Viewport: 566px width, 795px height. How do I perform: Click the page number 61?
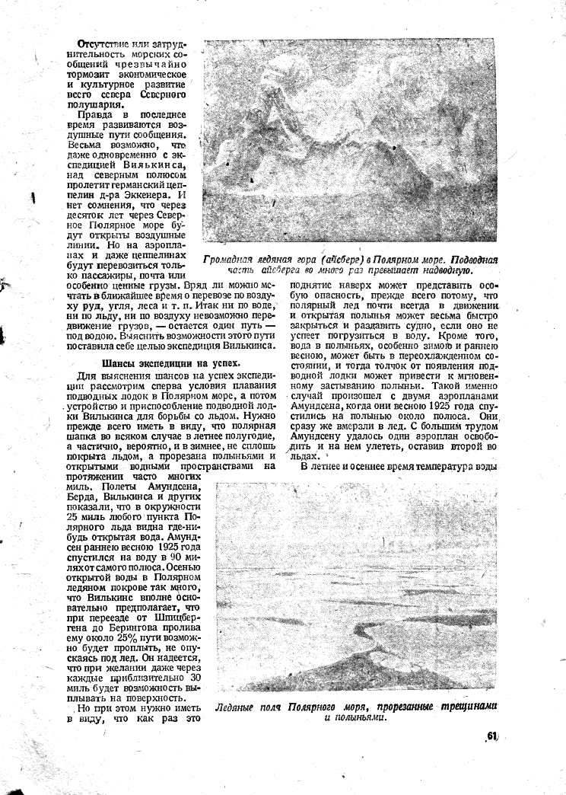pyautogui.click(x=491, y=736)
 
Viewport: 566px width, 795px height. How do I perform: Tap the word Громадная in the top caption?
pyautogui.click(x=231, y=260)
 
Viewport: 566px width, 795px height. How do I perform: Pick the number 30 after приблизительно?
pyautogui.click(x=194, y=678)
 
